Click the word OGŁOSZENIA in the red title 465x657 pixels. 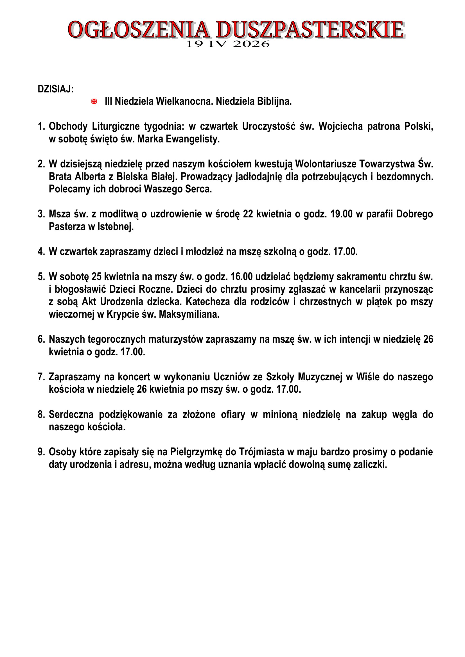pyautogui.click(x=139, y=29)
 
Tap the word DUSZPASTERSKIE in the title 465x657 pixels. pyautogui.click(x=310, y=29)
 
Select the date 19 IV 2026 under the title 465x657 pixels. pyautogui.click(x=228, y=44)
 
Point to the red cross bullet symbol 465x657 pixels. pyautogui.click(x=94, y=101)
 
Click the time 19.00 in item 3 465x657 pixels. pyautogui.click(x=341, y=214)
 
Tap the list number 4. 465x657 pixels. pyautogui.click(x=41, y=252)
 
